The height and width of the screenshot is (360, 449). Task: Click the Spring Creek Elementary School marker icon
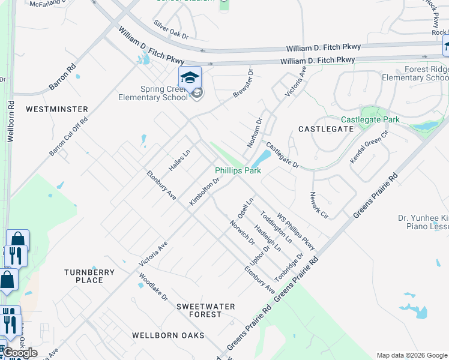pos(190,79)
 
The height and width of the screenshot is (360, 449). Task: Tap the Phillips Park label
pos(238,171)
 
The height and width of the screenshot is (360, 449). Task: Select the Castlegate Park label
pos(370,120)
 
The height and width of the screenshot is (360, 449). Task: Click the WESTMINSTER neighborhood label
pos(57,109)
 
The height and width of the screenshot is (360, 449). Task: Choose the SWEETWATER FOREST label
pos(205,310)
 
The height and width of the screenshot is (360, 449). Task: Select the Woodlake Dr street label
pos(153,287)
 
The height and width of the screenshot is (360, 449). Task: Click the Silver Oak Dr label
pos(171,29)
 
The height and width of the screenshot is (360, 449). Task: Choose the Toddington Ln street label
pos(276,226)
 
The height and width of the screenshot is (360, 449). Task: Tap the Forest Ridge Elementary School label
pos(414,74)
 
